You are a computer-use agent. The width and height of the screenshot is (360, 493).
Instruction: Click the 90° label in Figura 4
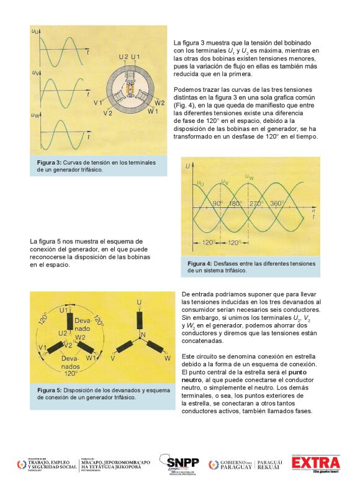218,204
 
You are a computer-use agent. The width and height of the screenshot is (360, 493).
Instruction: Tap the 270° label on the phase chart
256,204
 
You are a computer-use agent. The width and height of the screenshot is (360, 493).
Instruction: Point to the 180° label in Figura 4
235,204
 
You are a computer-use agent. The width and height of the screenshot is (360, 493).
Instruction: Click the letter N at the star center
143,335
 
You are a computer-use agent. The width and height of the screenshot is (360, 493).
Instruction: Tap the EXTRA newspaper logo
316,463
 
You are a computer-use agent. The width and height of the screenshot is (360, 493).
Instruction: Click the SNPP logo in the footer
179,464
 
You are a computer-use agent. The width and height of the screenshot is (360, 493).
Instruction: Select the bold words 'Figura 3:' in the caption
49,163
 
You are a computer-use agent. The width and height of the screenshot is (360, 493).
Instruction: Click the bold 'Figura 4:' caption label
200,263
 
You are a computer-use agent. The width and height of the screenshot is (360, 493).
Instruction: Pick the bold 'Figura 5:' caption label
50,390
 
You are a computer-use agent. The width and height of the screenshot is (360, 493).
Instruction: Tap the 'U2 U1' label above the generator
129,57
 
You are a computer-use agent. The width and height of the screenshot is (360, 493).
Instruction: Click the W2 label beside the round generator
160,102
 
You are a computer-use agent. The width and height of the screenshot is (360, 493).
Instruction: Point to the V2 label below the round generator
107,113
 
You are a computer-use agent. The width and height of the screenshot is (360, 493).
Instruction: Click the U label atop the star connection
139,302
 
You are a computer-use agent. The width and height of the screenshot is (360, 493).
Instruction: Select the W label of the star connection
168,358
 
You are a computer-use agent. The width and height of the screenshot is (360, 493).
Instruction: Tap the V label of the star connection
112,358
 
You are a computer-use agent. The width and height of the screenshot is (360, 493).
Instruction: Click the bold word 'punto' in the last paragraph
297,373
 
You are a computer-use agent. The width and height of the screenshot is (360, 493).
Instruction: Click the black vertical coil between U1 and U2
70,322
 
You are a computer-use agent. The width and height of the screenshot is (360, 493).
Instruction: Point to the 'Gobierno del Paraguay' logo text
236,464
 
